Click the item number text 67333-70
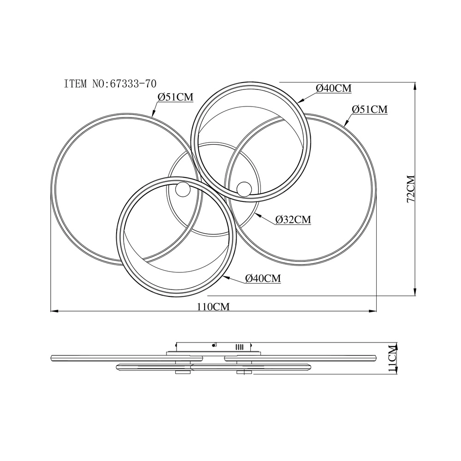[133, 84]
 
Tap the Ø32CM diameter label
[293, 219]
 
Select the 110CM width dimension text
[213, 307]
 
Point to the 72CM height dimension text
[410, 189]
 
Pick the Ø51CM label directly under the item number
[176, 97]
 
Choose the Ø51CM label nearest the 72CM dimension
[370, 109]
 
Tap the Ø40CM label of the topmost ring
[334, 88]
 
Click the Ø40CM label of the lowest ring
[263, 278]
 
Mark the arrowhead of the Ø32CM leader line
[258, 215]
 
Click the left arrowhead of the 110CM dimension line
[54, 311]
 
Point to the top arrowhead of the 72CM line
[415, 86]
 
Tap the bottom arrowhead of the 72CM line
[415, 292]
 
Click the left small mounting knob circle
[183, 189]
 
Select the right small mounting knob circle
[244, 189]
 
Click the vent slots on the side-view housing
[239, 347]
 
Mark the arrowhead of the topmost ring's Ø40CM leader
[300, 100]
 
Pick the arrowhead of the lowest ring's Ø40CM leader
[226, 277]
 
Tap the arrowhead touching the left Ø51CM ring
[153, 113]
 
